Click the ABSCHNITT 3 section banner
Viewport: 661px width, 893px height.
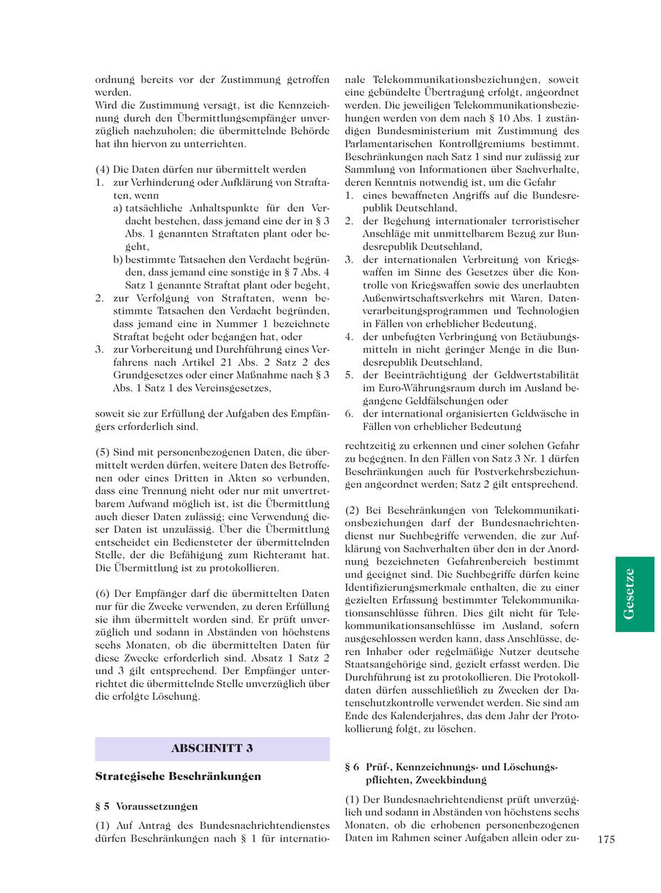[x=212, y=748]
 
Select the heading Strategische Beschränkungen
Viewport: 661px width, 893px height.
[x=178, y=775]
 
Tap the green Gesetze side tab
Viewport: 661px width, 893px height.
[x=635, y=593]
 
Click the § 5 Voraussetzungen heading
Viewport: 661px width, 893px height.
[x=146, y=806]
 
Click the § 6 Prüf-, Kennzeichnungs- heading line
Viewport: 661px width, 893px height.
[x=451, y=767]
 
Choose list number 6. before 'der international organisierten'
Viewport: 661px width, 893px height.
[x=350, y=414]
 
